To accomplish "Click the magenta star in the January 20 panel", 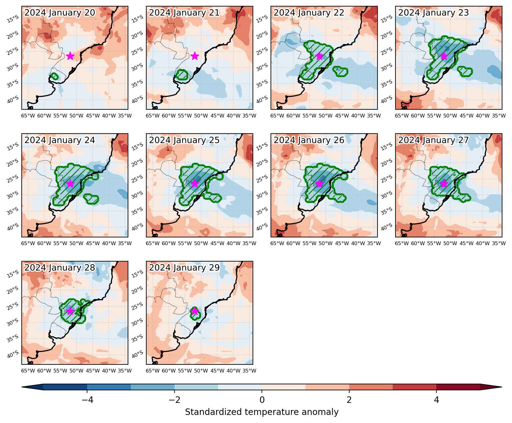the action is pos(70,56).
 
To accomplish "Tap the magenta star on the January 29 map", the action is pos(195,311).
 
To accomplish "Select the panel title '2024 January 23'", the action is pos(434,13).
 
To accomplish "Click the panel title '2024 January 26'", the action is pos(309,140).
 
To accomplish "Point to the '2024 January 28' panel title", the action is pos(60,268).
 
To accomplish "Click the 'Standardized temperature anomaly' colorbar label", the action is pos(262,412).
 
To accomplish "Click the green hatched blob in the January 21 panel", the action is pos(182,75).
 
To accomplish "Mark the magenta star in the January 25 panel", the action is pos(195,183).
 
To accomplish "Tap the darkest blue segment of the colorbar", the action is pos(65,387).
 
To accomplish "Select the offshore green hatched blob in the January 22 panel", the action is pos(340,72).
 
